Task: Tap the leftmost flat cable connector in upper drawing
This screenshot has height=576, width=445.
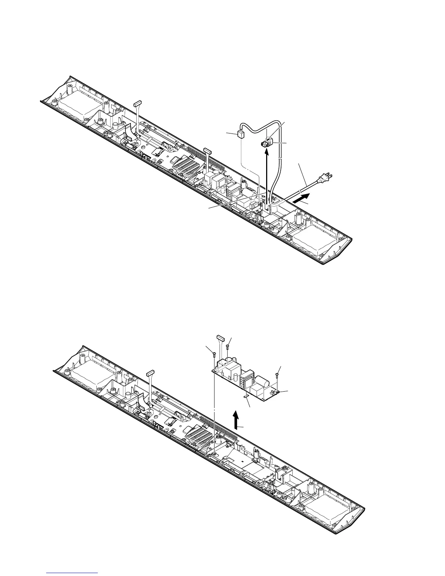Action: (137, 104)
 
